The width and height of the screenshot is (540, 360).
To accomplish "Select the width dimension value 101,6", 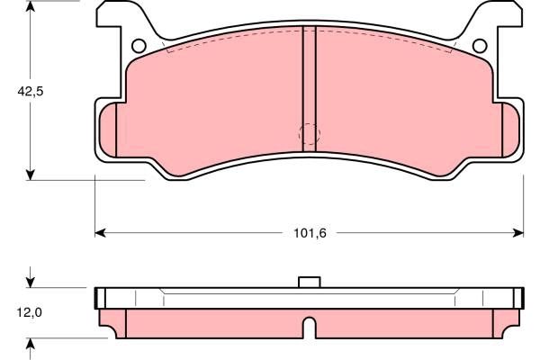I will pyautogui.click(x=309, y=233).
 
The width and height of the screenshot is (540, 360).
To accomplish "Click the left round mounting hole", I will pyautogui.click(x=139, y=47).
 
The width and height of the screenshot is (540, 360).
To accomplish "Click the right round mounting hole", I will pyautogui.click(x=479, y=47).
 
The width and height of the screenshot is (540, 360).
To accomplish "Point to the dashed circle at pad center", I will pyautogui.click(x=309, y=133).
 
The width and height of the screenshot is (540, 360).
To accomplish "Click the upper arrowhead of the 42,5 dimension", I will pyautogui.click(x=31, y=7).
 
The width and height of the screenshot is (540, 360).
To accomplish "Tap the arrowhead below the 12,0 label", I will pyautogui.click(x=31, y=345).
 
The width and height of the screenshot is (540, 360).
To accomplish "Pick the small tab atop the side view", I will pyautogui.click(x=309, y=282).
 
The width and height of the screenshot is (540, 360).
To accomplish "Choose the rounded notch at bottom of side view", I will pyautogui.click(x=309, y=328).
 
